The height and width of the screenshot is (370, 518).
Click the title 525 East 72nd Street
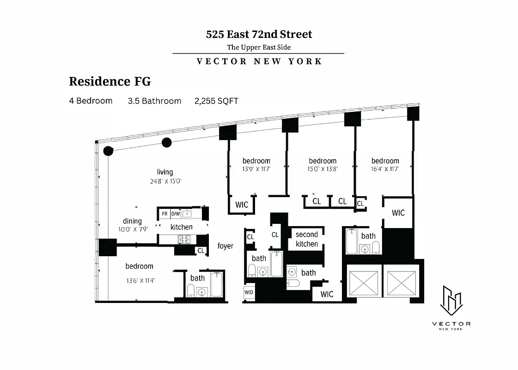pos(259,34)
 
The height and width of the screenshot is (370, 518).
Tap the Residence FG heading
pos(110,81)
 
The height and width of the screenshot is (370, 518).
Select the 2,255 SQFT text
pos(216,101)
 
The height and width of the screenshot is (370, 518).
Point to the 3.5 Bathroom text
pos(154,101)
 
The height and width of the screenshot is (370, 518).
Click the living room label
pos(165,172)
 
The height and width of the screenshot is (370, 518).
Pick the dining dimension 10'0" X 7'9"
pos(132,229)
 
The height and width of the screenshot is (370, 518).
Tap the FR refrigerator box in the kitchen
pos(165,214)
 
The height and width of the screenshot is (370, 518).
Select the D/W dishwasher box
pos(176,214)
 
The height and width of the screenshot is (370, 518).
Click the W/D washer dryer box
pos(249,292)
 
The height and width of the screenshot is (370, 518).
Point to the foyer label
pos(225,246)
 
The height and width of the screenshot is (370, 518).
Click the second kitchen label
pos(307,239)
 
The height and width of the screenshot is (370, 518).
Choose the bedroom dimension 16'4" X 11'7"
pos(385,169)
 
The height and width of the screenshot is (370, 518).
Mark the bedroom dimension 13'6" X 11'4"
pos(139,280)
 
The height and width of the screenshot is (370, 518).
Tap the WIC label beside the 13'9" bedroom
pos(242,204)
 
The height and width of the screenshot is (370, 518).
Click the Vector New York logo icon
pos(451,299)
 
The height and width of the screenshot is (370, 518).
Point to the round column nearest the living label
pos(166,142)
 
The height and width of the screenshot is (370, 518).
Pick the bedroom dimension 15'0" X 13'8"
pos(323,169)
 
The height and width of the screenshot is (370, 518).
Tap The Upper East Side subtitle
pos(259,47)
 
